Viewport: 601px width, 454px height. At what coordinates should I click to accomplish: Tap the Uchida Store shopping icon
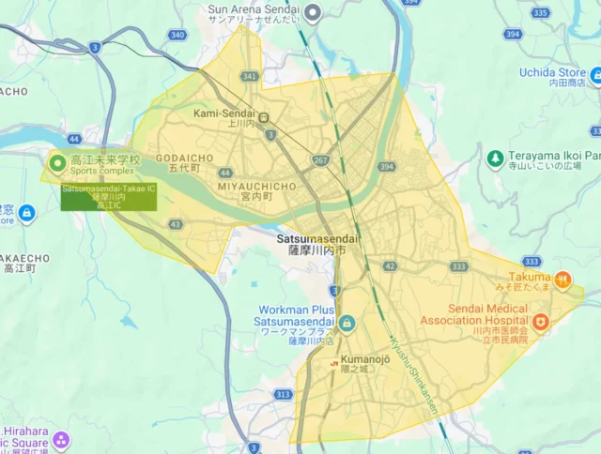point(594,73)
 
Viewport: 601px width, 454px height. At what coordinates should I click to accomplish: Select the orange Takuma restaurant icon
point(562,278)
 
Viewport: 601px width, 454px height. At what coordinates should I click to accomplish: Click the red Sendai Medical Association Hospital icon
point(543,325)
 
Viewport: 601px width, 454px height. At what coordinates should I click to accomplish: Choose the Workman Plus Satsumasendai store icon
point(347,324)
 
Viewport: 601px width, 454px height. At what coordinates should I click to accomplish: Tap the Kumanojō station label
point(356,359)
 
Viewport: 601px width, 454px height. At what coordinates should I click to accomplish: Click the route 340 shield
point(177,35)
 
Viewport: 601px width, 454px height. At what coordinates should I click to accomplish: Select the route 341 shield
point(249,76)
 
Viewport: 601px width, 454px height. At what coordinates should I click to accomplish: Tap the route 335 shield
point(540,12)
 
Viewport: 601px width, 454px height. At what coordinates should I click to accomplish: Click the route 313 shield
point(283,395)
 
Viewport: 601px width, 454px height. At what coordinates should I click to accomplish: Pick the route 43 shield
point(176,223)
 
